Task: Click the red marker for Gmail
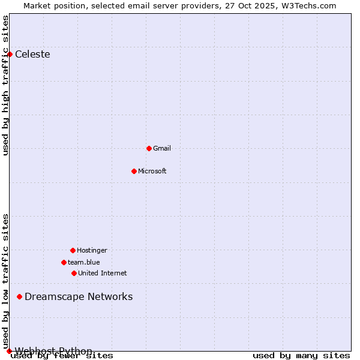(x=149, y=148)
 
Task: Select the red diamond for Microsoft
(x=134, y=171)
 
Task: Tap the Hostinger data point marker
(x=73, y=250)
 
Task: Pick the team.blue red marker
(x=64, y=262)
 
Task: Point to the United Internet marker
(x=74, y=273)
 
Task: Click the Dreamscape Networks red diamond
(x=19, y=296)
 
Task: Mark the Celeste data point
(x=10, y=54)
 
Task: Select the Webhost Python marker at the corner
(x=9, y=351)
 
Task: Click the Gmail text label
(x=162, y=148)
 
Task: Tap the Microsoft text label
(x=152, y=171)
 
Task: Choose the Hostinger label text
(x=92, y=250)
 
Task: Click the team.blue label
(x=84, y=262)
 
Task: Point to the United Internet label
(x=103, y=273)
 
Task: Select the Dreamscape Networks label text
(x=79, y=296)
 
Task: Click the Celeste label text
(x=32, y=55)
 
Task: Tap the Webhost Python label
(x=53, y=350)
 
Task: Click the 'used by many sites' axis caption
(x=301, y=356)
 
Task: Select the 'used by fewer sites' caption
(x=62, y=356)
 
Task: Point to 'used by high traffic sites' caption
(x=5, y=85)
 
